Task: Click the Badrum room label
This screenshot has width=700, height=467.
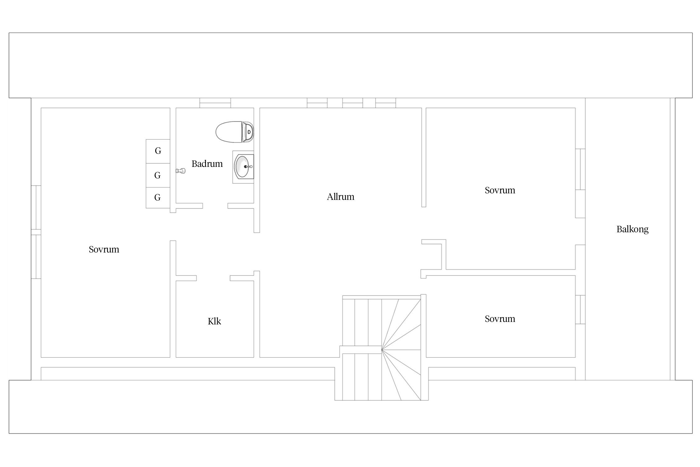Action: point(207,164)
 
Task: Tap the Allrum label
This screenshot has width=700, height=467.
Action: point(340,197)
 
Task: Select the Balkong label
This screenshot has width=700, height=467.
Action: point(632,229)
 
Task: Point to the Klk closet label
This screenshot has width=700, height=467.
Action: point(214,321)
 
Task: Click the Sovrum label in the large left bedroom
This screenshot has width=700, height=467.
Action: point(104,249)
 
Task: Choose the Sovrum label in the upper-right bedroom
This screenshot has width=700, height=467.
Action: point(500,190)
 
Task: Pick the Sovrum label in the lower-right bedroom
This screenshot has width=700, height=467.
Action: point(500,319)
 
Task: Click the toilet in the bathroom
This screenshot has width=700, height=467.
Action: point(235,132)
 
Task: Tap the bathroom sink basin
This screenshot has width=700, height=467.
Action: point(243,167)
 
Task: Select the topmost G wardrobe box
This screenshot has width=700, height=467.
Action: point(158,151)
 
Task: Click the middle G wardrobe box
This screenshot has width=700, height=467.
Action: point(158,176)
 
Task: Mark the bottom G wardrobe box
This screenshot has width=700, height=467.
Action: point(158,198)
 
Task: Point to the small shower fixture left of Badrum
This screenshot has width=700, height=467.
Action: point(181,171)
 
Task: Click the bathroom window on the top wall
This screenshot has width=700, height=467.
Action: point(215,103)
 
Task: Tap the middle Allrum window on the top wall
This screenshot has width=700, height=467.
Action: point(352,103)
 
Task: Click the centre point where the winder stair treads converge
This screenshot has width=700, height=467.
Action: point(382,350)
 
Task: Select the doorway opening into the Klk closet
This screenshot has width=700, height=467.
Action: point(213,278)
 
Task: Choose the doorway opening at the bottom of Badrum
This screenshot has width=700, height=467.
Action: point(215,206)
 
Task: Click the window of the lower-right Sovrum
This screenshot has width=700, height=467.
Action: point(580,309)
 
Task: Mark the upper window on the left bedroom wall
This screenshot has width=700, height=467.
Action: point(36,207)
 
